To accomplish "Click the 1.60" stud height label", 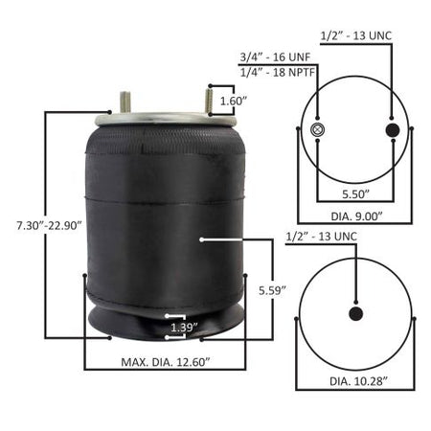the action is (x=234, y=101).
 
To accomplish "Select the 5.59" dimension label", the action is (x=272, y=290).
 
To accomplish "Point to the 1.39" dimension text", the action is (x=184, y=328).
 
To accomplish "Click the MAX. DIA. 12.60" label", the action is (x=166, y=362).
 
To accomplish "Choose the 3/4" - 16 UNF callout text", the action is (x=275, y=57).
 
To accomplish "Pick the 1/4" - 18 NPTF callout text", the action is (x=278, y=72).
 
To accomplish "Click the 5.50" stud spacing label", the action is (x=355, y=194).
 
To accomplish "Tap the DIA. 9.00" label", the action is (x=356, y=216).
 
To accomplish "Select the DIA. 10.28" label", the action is (x=358, y=381).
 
